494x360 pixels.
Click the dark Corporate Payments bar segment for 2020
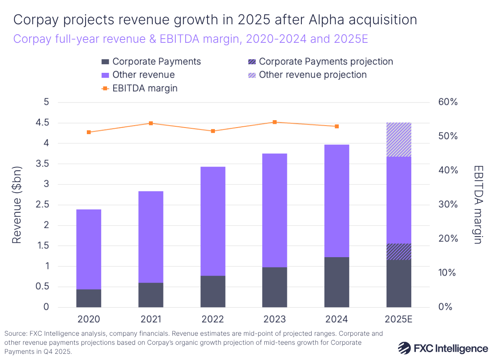(89, 298)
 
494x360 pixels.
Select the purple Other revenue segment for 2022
(213, 221)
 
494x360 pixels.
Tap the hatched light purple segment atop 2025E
(398, 139)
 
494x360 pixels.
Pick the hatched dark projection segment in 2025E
(398, 251)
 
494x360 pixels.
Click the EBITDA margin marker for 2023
(275, 122)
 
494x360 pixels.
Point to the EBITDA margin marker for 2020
(89, 132)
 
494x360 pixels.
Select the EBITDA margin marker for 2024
(337, 126)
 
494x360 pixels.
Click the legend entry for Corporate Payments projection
(326, 62)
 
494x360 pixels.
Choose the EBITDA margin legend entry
(144, 88)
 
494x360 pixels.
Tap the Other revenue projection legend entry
(312, 75)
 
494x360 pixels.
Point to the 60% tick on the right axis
(447, 102)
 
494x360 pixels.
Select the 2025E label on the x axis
(398, 319)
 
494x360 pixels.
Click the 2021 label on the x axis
(151, 319)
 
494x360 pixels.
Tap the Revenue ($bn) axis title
(17, 204)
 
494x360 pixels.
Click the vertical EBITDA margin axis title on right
(478, 204)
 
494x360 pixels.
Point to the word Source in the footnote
(15, 334)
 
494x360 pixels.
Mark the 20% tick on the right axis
(447, 239)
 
